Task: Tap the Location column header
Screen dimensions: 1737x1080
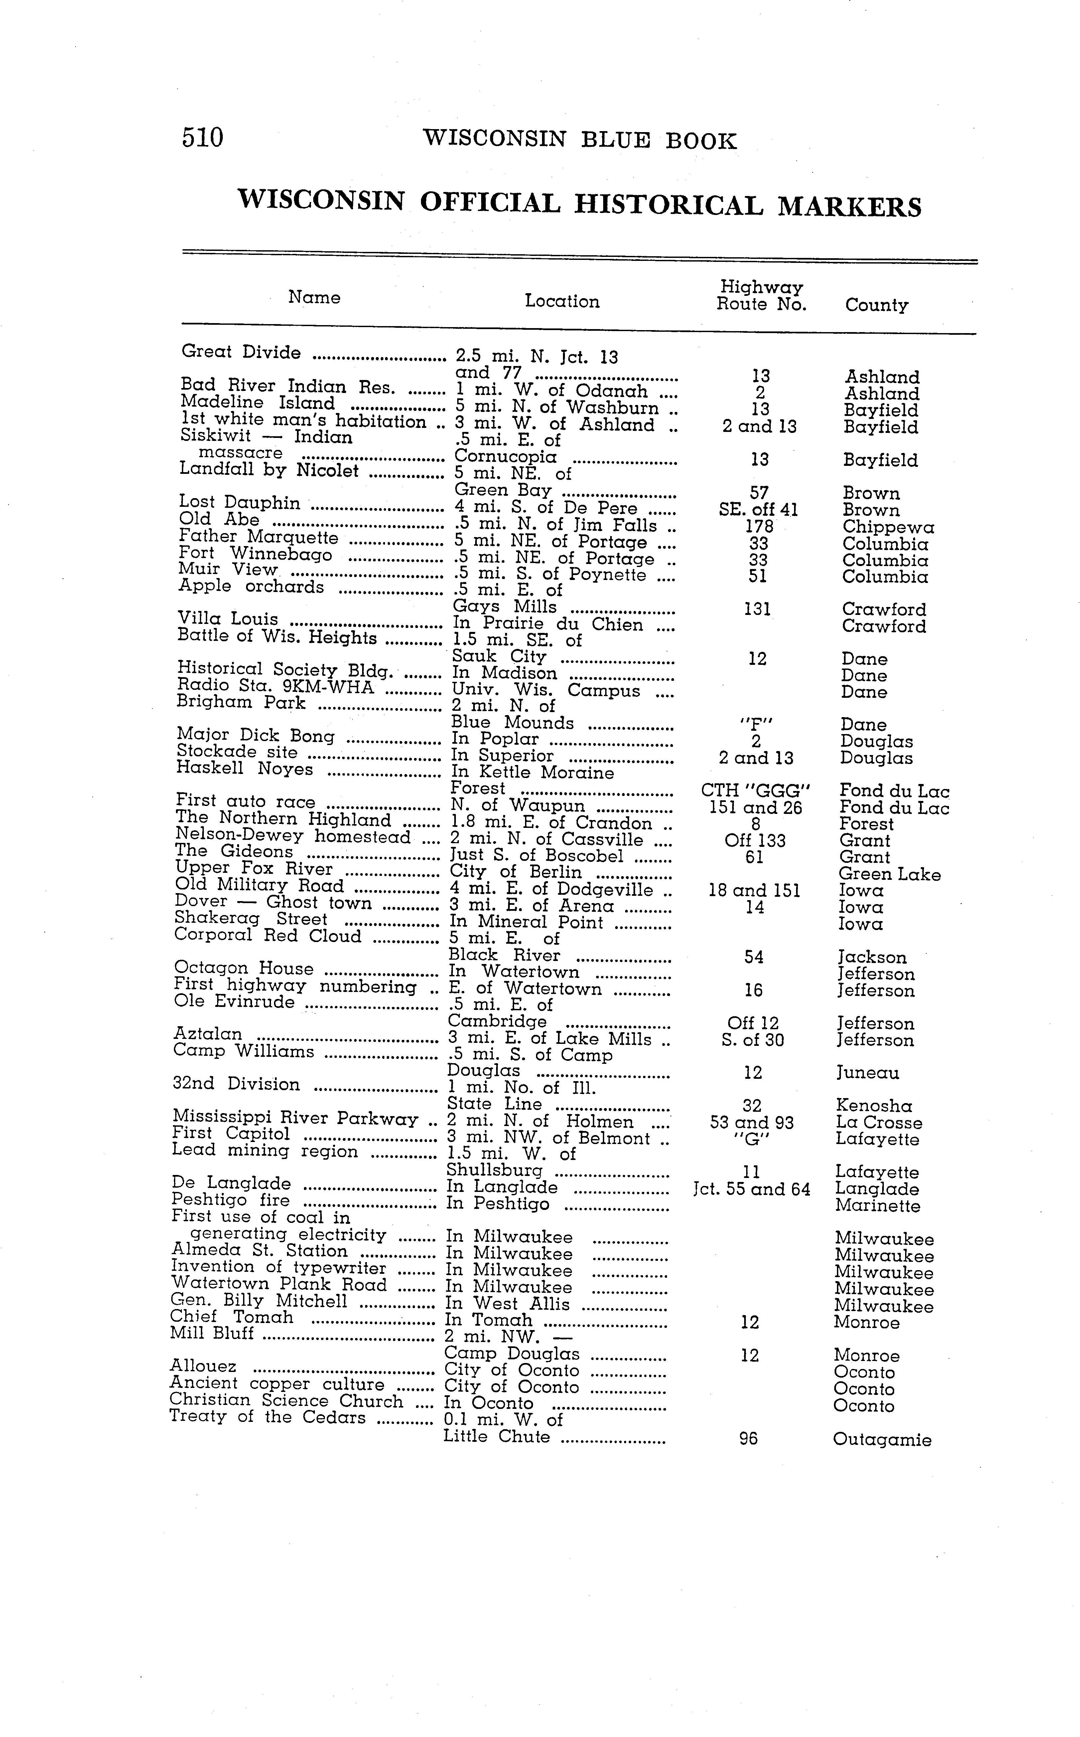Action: tap(562, 301)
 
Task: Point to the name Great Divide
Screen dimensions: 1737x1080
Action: tap(241, 352)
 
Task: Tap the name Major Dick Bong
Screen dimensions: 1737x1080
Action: tap(255, 735)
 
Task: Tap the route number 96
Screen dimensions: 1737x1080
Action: tap(748, 1438)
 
